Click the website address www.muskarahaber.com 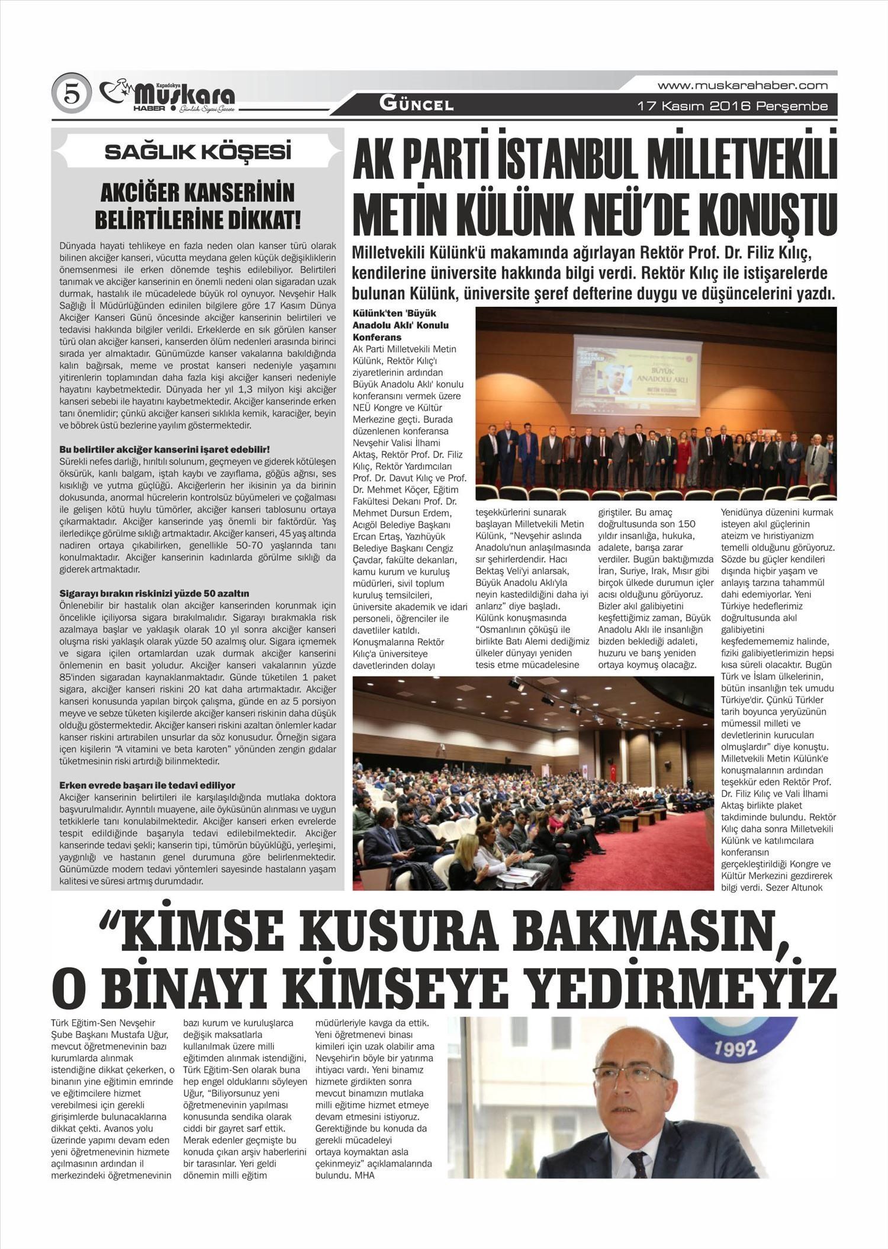point(742,86)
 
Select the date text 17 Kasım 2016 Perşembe point(732,107)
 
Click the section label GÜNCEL point(417,105)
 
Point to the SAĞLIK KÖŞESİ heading point(198,152)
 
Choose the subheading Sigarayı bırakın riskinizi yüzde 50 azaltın point(154,593)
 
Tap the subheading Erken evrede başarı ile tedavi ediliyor point(147,785)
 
